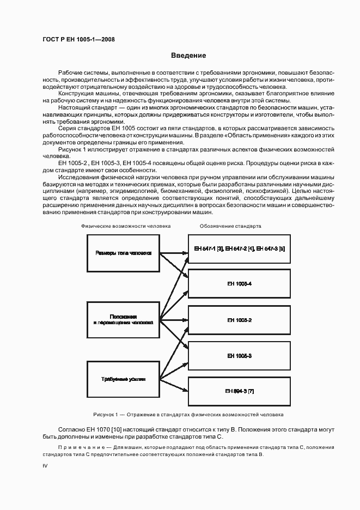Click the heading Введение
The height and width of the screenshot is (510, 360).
[188, 56]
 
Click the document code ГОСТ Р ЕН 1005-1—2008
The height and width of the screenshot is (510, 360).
[78, 40]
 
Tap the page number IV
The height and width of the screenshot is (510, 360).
[45, 467]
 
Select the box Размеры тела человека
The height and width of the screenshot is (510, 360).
[123, 253]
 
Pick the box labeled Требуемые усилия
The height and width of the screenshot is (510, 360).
[123, 379]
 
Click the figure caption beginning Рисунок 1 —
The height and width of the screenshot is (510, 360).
[188, 414]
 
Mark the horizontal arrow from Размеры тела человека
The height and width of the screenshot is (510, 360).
[173, 253]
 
